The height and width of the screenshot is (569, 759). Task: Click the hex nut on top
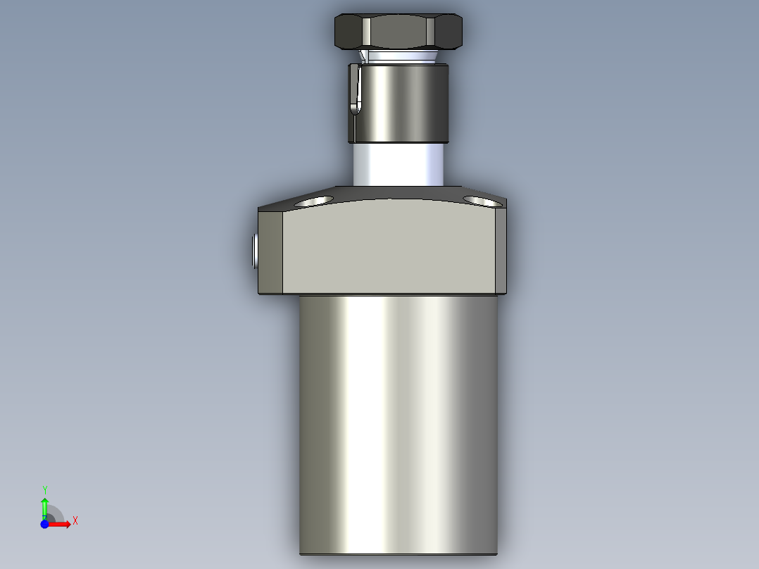point(398,32)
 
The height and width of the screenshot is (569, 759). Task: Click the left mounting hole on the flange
point(315,201)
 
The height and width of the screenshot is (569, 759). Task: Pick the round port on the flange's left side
point(253,251)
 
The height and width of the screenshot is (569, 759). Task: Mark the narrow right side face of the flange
point(501,251)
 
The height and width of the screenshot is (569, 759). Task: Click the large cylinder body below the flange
point(399,423)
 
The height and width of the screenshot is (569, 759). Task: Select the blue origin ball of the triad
point(44,524)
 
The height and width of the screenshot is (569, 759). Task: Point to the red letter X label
point(75,521)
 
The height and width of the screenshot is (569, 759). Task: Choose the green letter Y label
point(44,489)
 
